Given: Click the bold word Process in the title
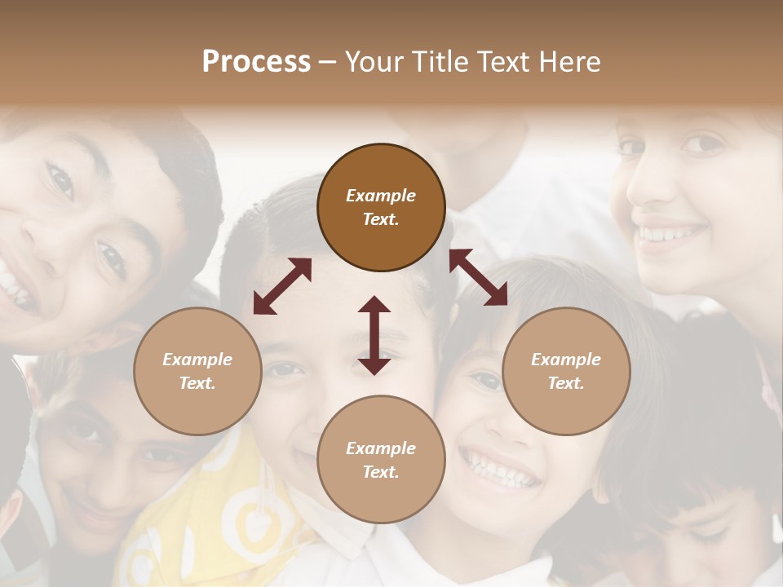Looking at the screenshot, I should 256,61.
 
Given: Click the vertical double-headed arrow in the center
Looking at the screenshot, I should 374,335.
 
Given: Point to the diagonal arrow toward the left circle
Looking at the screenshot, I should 282,286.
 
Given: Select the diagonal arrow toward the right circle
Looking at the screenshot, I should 478,277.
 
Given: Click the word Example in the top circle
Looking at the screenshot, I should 381,196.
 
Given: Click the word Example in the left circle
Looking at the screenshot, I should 197,360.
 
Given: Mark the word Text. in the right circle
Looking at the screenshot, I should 566,383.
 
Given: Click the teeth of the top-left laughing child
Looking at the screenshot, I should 15,290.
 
